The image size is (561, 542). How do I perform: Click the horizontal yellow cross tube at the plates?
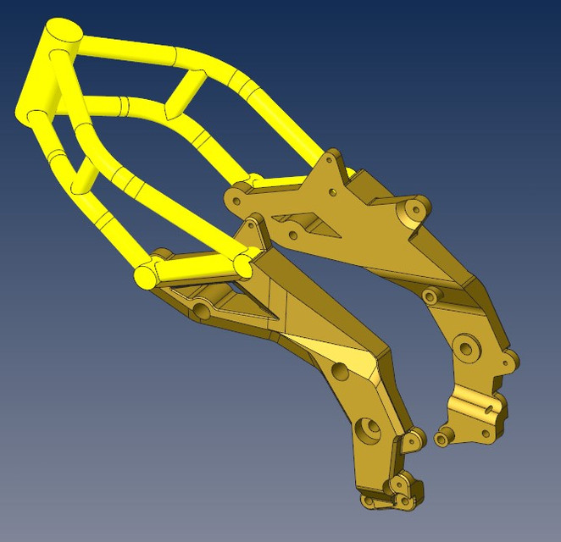point(194,268)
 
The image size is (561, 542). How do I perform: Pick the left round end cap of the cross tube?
point(143,276)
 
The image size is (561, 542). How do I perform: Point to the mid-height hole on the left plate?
point(340,371)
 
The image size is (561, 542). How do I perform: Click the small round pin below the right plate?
point(441,439)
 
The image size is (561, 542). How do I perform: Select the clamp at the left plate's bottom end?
point(393,495)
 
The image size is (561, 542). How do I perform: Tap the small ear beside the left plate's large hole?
point(414,438)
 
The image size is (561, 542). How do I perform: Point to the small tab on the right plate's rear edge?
point(509,359)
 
